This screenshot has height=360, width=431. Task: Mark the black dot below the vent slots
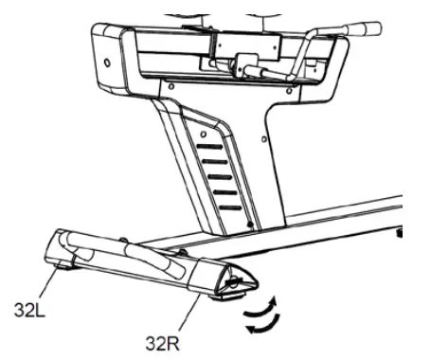coord(249,226)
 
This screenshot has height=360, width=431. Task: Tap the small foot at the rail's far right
coord(404,231)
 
